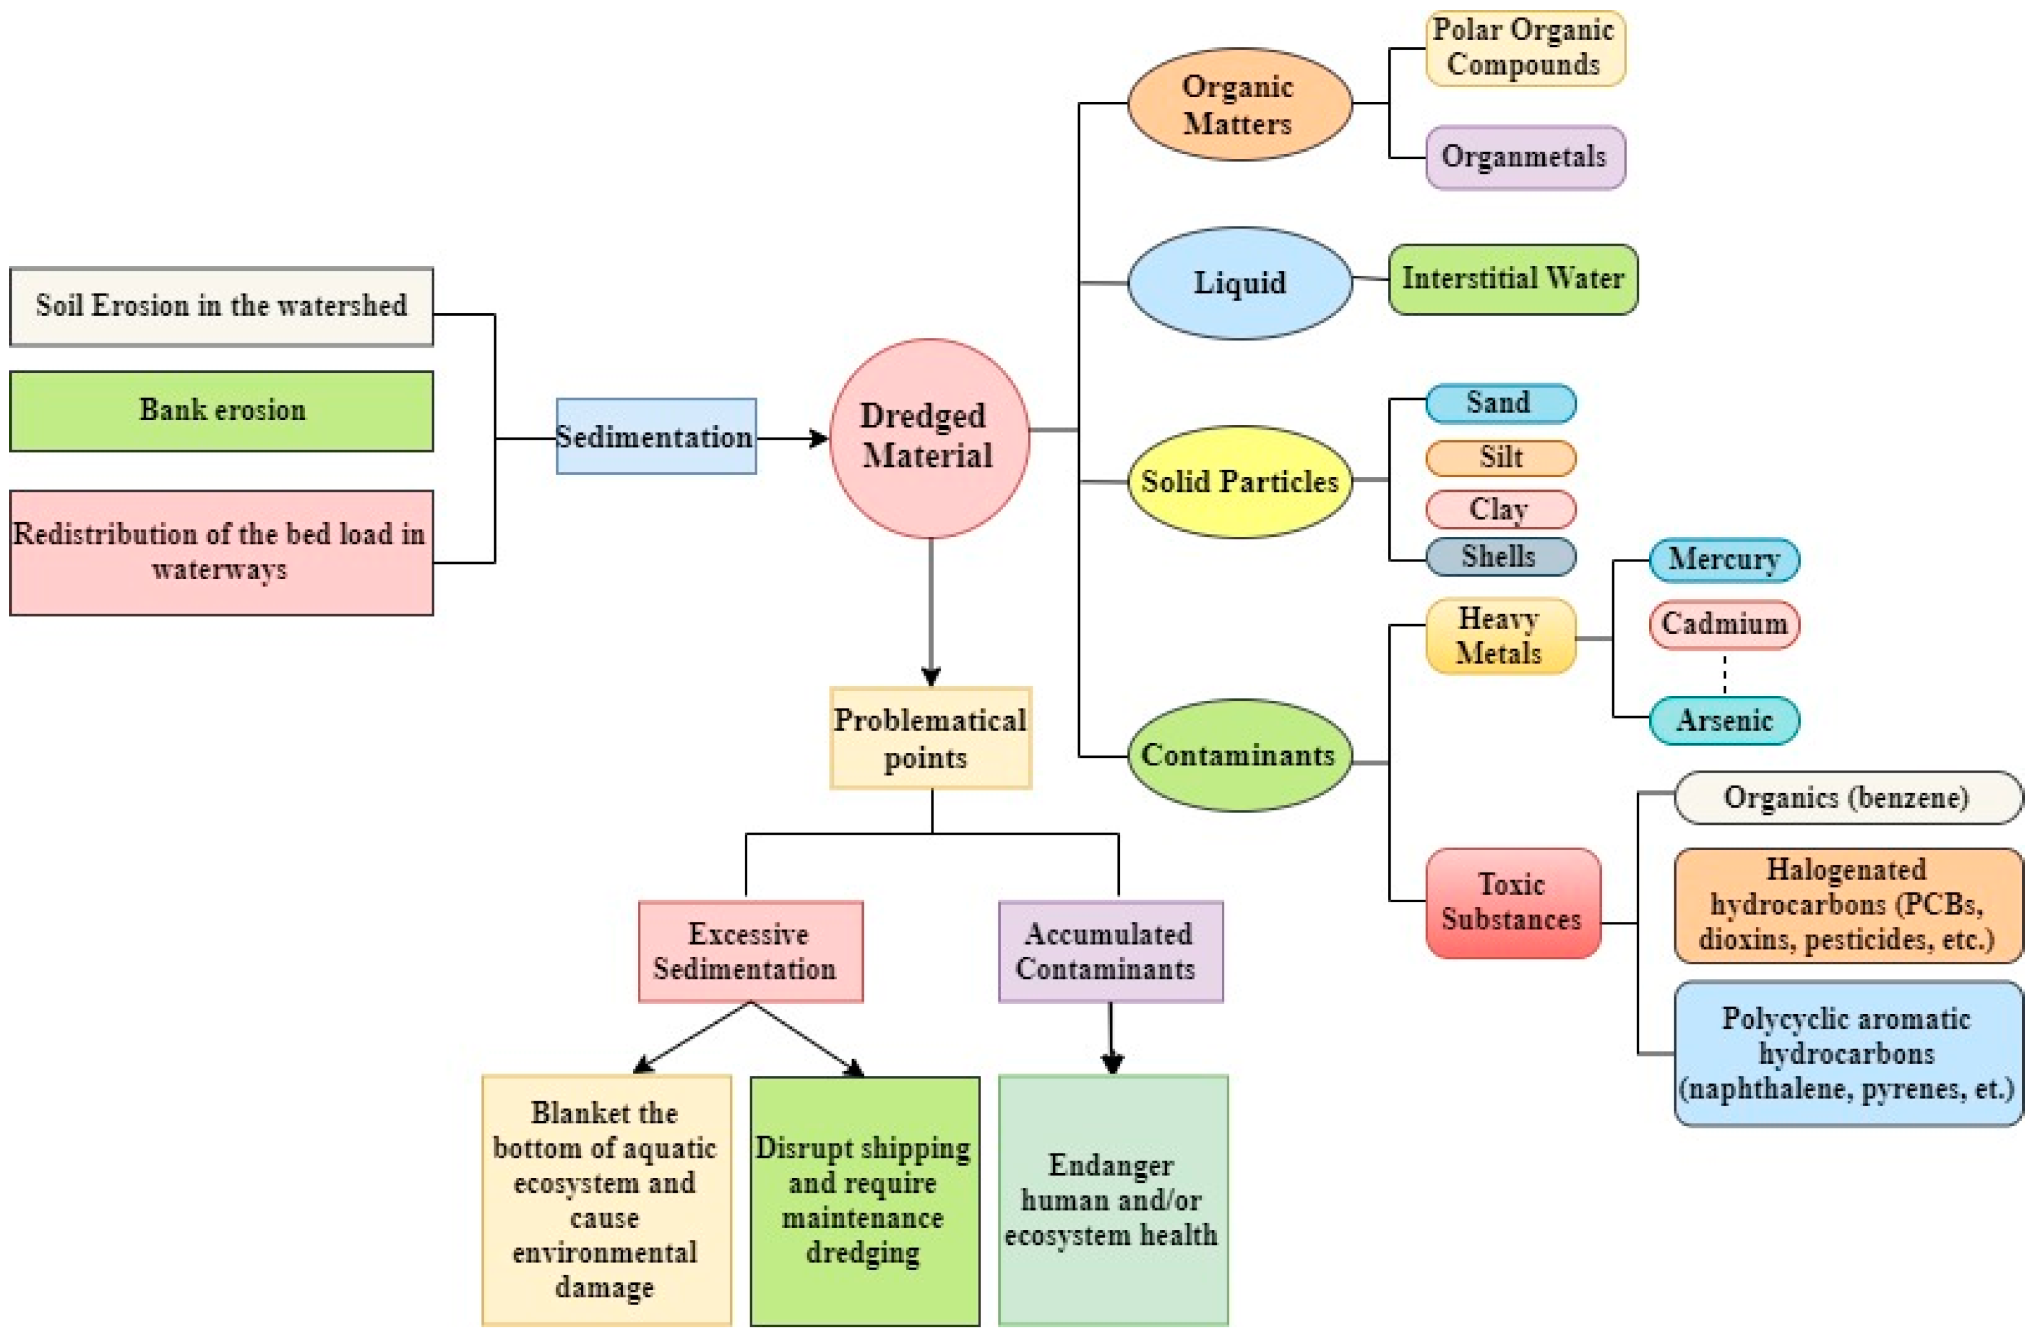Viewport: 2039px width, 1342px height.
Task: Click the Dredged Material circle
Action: pos(930,438)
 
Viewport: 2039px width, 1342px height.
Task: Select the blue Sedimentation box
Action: pos(656,436)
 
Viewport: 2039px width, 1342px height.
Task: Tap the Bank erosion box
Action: pos(222,410)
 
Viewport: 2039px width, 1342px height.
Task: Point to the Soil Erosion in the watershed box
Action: pos(222,306)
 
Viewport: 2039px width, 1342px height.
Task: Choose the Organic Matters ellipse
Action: pos(1240,104)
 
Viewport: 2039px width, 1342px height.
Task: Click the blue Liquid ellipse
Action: pos(1240,283)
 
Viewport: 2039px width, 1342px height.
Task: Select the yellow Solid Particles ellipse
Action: pos(1240,482)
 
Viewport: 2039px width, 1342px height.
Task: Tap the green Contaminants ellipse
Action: pos(1240,755)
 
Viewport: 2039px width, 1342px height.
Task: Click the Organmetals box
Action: pos(1525,157)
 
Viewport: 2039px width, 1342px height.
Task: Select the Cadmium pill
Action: pos(1725,624)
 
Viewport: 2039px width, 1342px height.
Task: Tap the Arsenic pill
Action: pos(1725,720)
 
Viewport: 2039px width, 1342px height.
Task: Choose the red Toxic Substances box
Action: pos(1513,902)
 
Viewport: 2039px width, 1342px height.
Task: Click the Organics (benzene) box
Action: pos(1849,798)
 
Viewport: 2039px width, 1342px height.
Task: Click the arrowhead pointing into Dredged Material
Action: pos(819,439)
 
